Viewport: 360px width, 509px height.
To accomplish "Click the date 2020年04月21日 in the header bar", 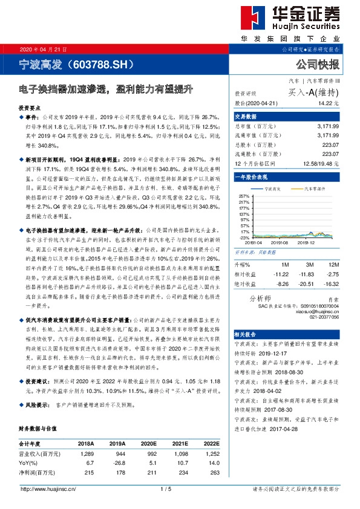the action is tap(43, 49).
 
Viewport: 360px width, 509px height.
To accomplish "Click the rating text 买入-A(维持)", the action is tap(313, 92).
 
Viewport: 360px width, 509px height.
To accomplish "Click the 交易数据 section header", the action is tap(246, 116).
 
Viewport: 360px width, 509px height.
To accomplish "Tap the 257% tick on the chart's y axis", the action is tap(244, 196).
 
